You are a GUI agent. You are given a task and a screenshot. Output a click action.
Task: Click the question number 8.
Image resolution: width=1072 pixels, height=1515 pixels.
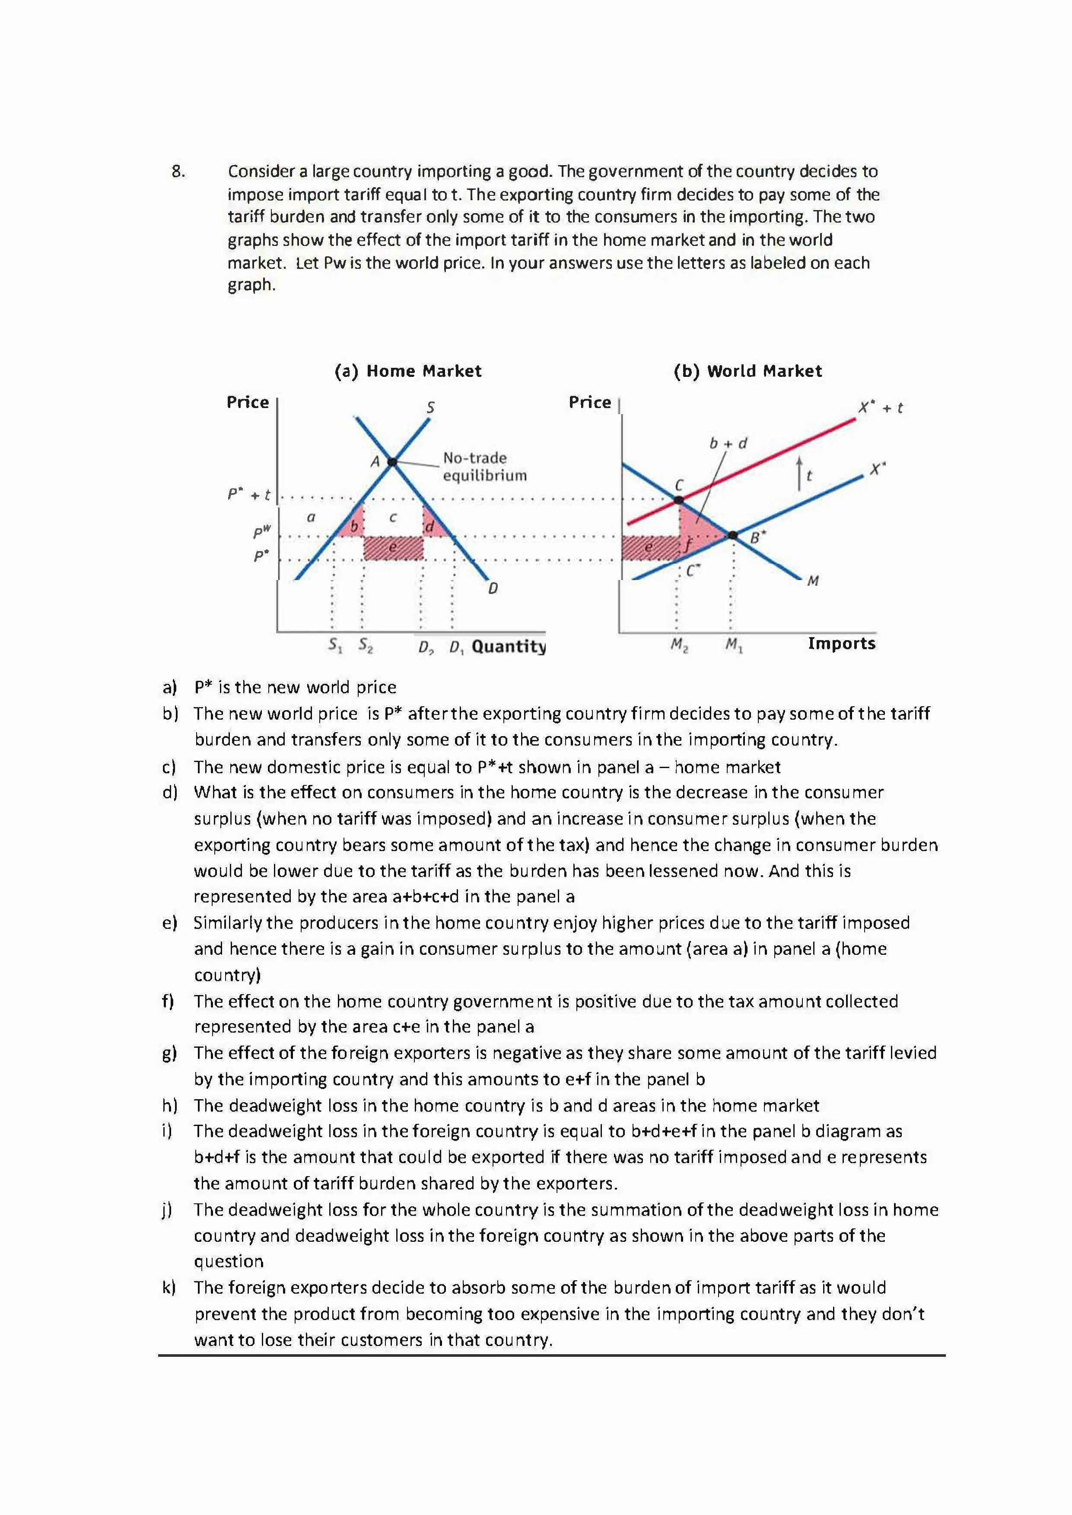(178, 172)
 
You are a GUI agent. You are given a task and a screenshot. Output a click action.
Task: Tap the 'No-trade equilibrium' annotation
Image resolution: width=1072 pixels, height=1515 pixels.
(484, 466)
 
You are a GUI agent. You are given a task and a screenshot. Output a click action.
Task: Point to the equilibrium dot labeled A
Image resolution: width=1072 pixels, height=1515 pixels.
(392, 462)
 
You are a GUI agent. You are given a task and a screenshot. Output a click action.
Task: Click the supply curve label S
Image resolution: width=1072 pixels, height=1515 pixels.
(430, 408)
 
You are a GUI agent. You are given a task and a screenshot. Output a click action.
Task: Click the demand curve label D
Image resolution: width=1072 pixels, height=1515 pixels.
(493, 588)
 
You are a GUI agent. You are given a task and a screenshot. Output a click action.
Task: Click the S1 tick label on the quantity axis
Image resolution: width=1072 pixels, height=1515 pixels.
(335, 645)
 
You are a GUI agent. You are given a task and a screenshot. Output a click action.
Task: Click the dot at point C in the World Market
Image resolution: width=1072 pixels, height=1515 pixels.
(679, 500)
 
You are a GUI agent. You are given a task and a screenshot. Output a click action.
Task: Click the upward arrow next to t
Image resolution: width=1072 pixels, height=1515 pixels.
(799, 473)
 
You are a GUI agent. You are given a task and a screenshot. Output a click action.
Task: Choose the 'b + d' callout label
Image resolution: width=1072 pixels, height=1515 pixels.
(728, 443)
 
